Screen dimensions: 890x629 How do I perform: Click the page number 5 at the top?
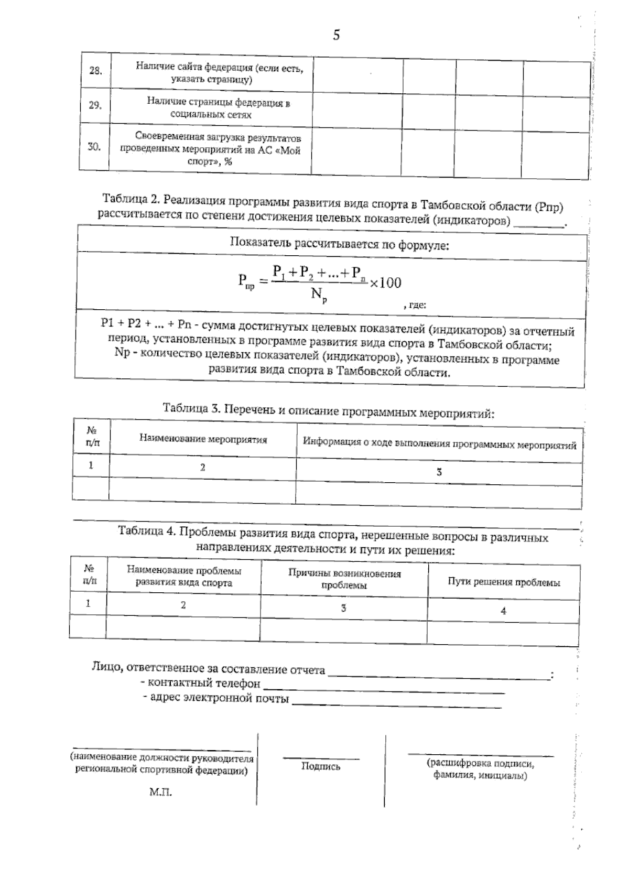pos(336,36)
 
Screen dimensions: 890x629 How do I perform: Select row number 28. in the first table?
pos(95,71)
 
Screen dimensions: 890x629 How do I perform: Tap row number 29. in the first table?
pos(95,105)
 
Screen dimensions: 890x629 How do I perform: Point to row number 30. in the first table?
pos(94,147)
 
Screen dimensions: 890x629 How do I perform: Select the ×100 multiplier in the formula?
pos(385,283)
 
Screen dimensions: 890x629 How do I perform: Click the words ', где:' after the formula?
pos(415,305)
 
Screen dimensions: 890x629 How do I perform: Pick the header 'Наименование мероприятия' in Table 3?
pos(203,439)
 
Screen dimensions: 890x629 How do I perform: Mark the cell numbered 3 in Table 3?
pos(439,472)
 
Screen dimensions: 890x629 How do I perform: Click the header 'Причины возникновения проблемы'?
pos(344,579)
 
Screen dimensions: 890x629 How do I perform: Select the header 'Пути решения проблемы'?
pos(504,582)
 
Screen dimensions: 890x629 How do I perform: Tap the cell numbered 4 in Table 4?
pos(504,611)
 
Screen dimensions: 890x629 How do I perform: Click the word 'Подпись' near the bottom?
pos(321,766)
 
